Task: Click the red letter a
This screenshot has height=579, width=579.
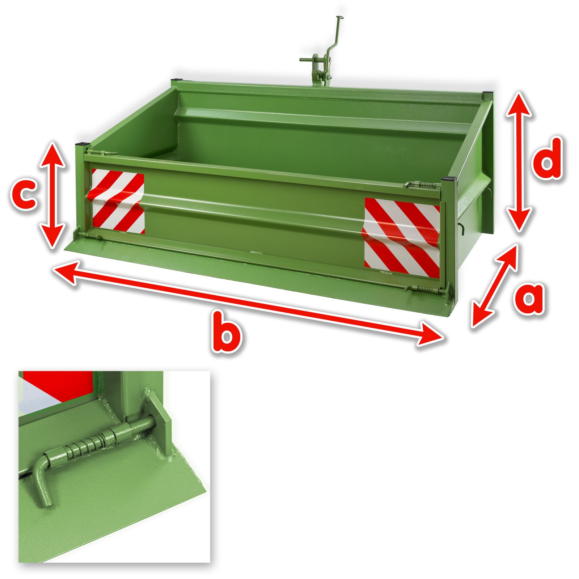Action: [528, 299]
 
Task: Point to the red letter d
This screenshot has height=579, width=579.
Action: [547, 158]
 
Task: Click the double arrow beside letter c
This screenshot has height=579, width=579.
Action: [52, 195]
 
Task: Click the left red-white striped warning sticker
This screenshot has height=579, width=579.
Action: [118, 201]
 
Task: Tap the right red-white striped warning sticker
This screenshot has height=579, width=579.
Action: [402, 238]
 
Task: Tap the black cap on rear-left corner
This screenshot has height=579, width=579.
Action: [177, 80]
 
